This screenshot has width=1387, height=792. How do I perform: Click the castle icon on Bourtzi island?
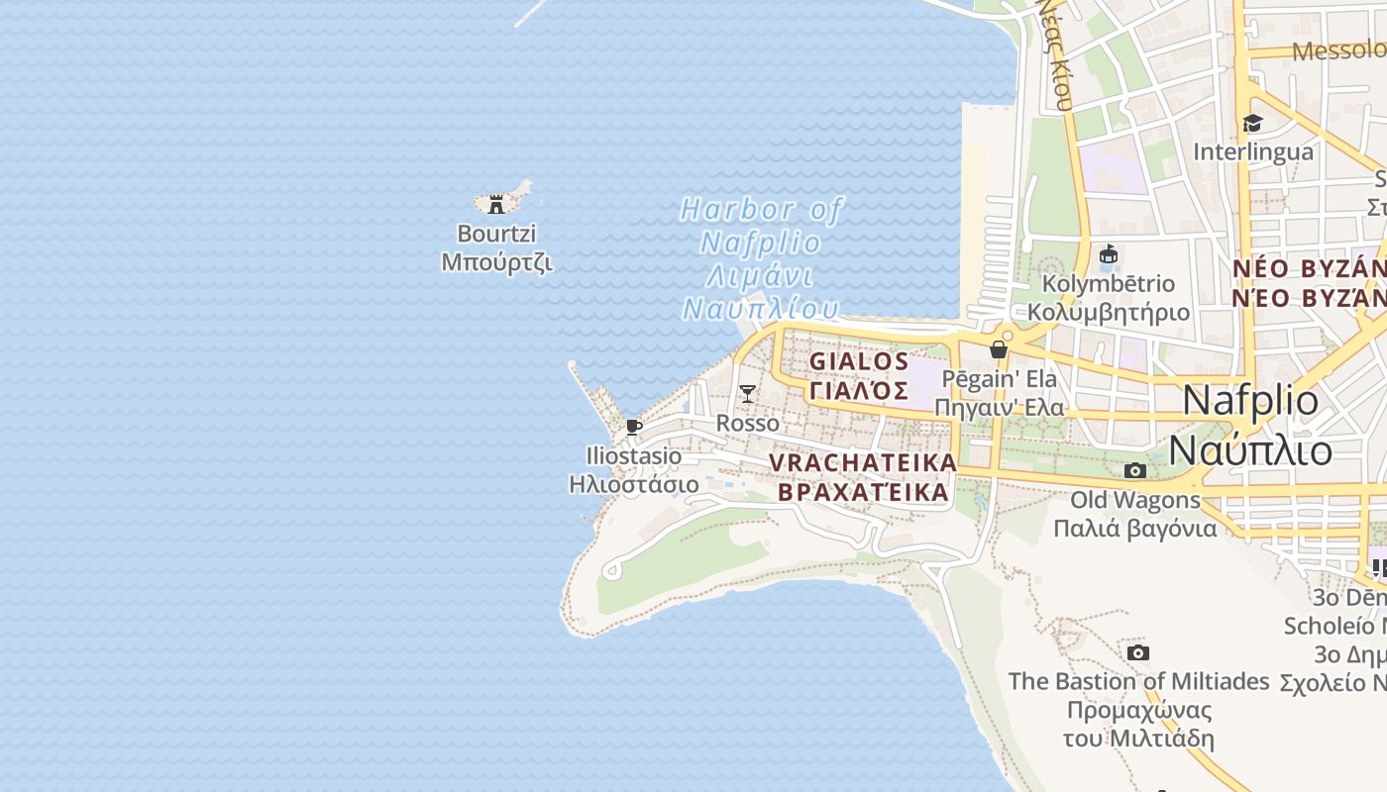(496, 204)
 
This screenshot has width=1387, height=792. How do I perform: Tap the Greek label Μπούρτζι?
(496, 263)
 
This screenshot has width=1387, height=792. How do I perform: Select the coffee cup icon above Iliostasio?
(634, 428)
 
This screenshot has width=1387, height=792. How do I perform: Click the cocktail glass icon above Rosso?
(748, 394)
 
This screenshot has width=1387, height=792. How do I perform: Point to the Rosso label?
(748, 423)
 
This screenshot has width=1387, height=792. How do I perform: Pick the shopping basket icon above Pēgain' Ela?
(999, 349)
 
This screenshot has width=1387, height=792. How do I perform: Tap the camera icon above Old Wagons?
(1135, 470)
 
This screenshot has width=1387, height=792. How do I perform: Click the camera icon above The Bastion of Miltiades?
(1138, 652)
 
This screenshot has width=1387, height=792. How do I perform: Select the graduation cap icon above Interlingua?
(1253, 124)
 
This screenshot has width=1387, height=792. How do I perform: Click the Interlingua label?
(1253, 151)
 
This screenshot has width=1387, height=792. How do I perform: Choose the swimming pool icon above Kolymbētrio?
(1109, 255)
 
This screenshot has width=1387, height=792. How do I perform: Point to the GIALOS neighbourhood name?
(859, 361)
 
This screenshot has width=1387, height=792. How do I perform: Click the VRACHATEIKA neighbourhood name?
(863, 462)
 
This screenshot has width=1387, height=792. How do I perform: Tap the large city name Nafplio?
(1250, 401)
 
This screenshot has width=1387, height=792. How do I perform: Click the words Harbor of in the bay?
(761, 210)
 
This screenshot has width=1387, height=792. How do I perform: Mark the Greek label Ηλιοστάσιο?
(634, 485)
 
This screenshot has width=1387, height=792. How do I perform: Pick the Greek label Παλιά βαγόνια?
(1134, 528)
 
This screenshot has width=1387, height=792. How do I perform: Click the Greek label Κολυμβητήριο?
(1109, 312)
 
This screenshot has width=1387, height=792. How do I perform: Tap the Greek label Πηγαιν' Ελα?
(999, 407)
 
